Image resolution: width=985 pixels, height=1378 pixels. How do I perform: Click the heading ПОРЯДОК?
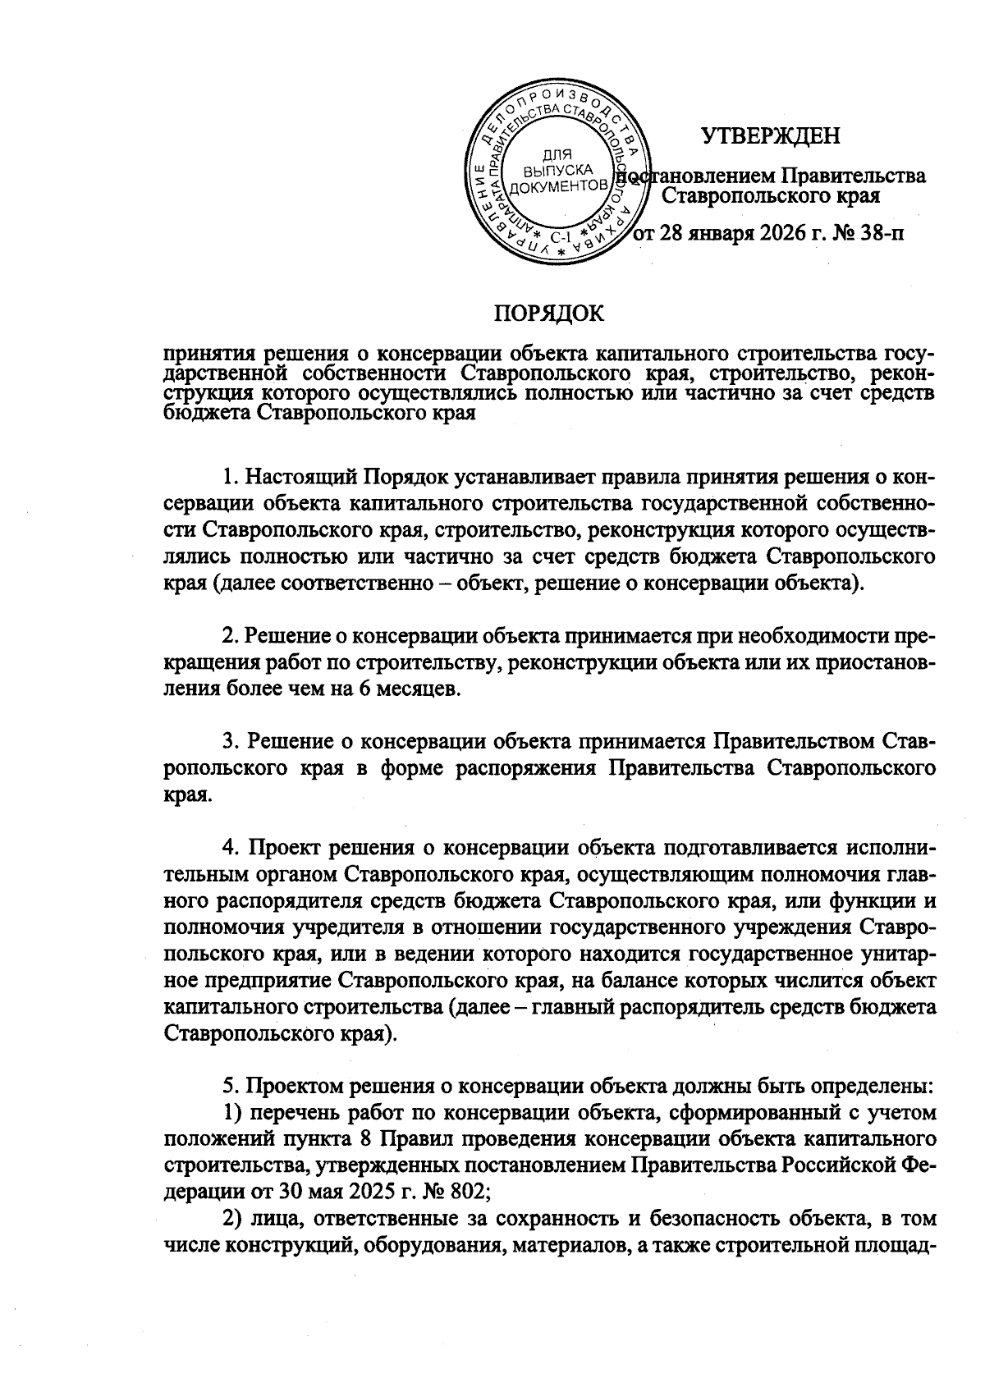pos(548,314)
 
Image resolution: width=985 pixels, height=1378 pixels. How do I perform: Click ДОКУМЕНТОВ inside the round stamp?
pos(559,187)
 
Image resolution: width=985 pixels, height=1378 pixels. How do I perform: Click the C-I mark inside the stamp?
pos(563,237)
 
